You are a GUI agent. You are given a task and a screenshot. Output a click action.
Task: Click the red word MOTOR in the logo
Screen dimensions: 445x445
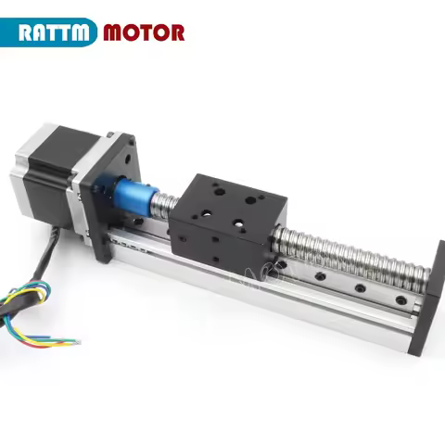tap(144, 32)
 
